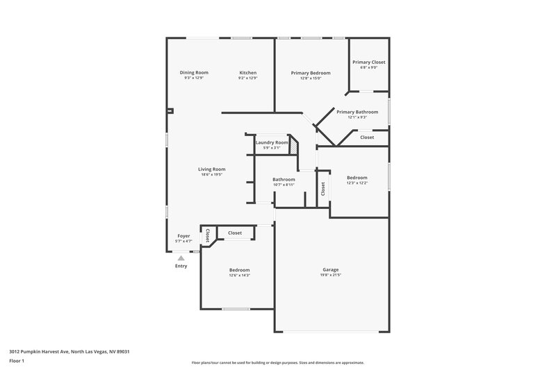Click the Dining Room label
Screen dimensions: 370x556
194,73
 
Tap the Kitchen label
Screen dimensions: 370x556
248,73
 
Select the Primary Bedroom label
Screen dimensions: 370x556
311,73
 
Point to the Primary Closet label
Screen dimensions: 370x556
368,62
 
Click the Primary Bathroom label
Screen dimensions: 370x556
357,112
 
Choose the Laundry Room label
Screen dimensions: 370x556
272,142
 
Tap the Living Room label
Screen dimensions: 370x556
212,169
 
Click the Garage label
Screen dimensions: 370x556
330,269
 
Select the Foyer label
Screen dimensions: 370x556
183,236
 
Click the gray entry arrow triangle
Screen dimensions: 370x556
181,258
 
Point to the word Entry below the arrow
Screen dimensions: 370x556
181,266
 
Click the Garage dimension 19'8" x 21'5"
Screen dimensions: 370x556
330,275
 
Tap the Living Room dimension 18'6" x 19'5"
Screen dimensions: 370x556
212,174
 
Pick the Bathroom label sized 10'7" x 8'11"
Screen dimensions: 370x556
284,180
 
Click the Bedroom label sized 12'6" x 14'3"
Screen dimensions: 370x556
240,270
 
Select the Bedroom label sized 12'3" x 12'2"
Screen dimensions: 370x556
357,178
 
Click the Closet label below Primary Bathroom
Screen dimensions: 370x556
367,137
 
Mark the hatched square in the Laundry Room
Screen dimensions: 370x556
294,147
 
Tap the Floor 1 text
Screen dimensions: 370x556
17,362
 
